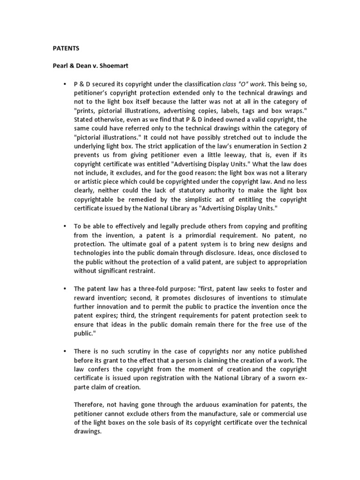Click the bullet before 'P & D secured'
tap(63, 84)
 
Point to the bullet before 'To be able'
tap(63, 226)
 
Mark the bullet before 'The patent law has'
tap(63, 289)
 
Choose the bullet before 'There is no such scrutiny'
tap(63, 351)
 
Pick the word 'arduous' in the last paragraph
tap(200, 405)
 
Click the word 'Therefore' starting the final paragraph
tap(89, 405)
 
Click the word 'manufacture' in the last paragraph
tap(206, 413)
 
